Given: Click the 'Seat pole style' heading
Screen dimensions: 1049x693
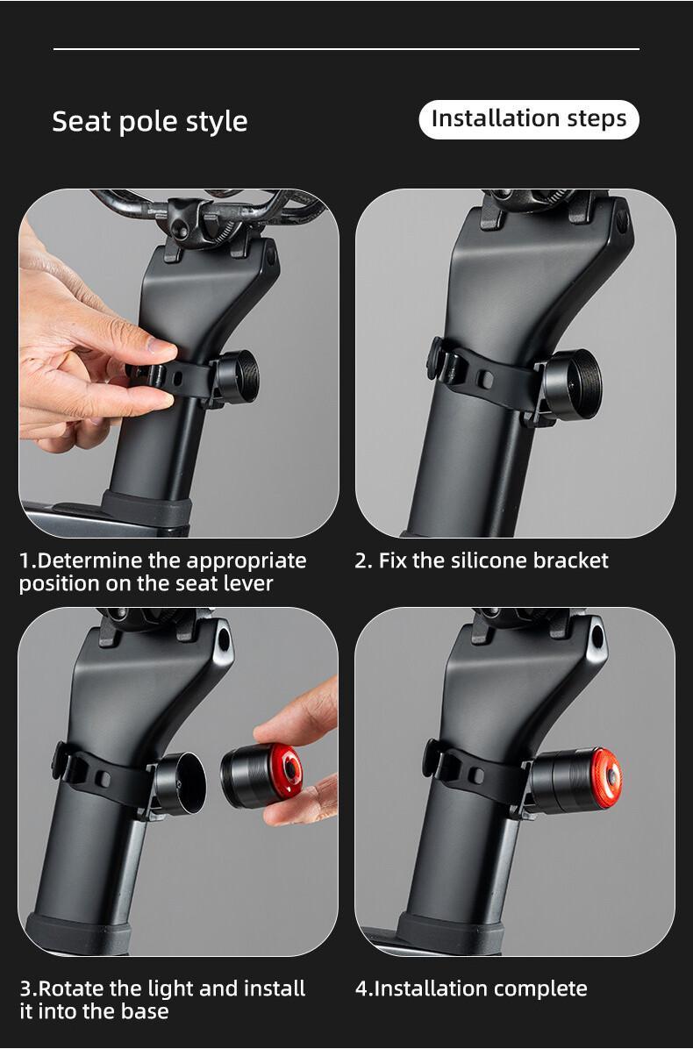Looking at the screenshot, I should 149,121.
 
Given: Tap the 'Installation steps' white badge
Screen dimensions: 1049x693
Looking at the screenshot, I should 529,119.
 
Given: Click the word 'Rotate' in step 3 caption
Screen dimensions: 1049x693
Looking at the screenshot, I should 73,988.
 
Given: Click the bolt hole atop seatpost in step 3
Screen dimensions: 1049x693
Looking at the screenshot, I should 223,638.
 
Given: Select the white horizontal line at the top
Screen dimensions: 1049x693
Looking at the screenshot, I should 346,49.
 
